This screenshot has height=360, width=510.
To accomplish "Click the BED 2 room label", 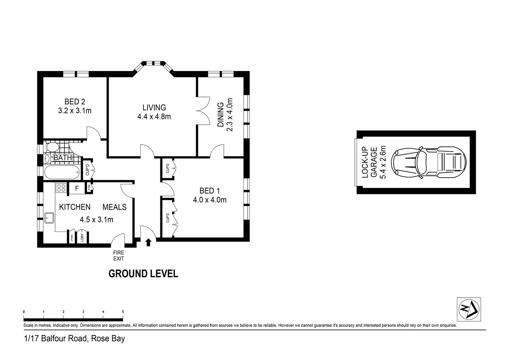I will click(x=74, y=101).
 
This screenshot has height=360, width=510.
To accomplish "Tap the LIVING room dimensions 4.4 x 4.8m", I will click(x=154, y=117).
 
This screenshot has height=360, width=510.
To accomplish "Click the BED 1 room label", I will click(x=209, y=191).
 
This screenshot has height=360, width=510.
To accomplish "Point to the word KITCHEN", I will click(x=75, y=207).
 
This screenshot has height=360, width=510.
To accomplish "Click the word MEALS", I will click(x=114, y=207).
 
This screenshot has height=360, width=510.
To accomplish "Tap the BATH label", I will click(x=63, y=158).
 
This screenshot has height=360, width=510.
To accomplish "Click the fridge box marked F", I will click(x=77, y=189).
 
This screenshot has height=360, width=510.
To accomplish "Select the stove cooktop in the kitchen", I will click(x=61, y=188).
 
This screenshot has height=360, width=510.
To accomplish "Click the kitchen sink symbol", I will click(x=48, y=218).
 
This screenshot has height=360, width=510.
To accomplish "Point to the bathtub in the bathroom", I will click(x=62, y=171).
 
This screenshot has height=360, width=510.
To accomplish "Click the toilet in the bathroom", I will click(x=51, y=148).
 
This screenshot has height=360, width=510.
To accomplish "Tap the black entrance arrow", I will click(x=148, y=242).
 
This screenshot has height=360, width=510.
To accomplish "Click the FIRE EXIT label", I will click(x=118, y=255).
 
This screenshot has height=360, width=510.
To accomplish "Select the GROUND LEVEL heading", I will click(x=143, y=273).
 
